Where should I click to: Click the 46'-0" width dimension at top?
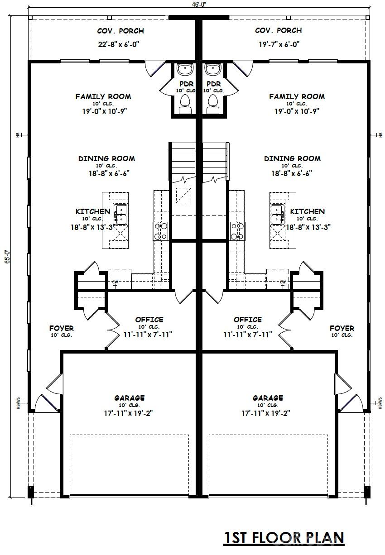(x=199, y=5)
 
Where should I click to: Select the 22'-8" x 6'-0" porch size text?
(x=119, y=44)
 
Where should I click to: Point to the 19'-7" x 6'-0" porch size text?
(x=279, y=44)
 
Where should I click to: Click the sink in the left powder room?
(x=185, y=69)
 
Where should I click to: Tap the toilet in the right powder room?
(x=212, y=104)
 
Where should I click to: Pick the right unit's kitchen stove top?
(x=237, y=231)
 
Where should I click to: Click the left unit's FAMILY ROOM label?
(x=103, y=96)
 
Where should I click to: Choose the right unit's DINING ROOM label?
(x=292, y=158)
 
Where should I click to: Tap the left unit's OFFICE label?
(x=149, y=319)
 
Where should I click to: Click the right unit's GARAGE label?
(x=268, y=398)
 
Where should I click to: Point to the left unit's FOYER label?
(x=62, y=328)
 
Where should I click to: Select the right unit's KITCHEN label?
(x=308, y=211)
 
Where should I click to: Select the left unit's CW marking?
(x=115, y=282)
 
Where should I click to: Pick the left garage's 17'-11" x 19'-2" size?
(x=128, y=413)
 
